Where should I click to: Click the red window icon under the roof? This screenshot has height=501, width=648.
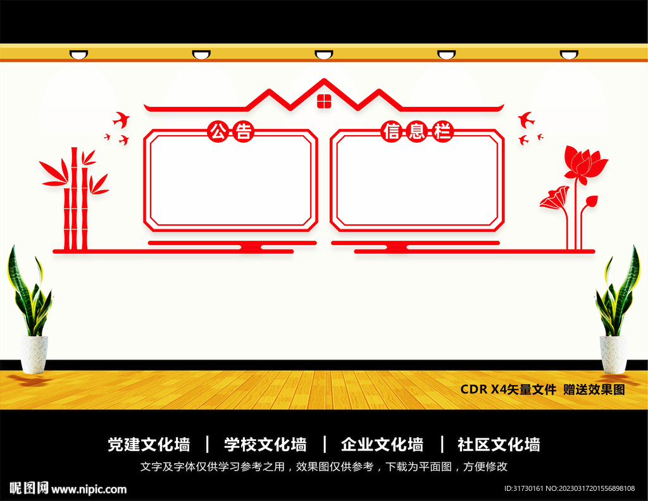(323, 101)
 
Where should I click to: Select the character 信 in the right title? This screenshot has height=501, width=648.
(392, 132)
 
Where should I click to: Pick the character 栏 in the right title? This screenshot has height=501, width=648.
(443, 132)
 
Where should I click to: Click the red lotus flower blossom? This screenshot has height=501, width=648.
(584, 164)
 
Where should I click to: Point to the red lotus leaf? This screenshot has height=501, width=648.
(554, 198)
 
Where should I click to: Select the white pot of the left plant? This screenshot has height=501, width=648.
(34, 354)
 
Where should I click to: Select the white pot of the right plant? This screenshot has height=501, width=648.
(613, 354)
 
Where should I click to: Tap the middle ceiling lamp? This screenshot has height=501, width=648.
(324, 55)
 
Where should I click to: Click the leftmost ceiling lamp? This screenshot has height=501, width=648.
(78, 55)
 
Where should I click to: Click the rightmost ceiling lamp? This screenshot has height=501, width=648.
(569, 55)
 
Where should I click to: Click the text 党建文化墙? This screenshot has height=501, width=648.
(149, 445)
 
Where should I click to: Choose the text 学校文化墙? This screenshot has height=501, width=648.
(265, 445)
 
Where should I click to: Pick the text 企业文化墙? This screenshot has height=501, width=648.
(382, 445)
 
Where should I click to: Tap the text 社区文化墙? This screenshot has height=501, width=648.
(499, 445)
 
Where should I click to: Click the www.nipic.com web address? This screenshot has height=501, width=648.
(89, 489)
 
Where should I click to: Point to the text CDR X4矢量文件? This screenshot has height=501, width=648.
(508, 390)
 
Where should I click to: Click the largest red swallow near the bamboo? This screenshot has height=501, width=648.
(121, 118)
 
